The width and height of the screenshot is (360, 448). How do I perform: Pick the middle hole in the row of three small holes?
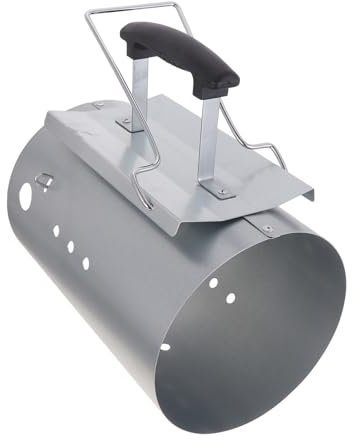pyautogui.click(x=70, y=245)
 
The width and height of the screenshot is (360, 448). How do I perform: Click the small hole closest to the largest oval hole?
pyautogui.click(x=55, y=227)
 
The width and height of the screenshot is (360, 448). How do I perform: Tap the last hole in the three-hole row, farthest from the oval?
pyautogui.click(x=85, y=262)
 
